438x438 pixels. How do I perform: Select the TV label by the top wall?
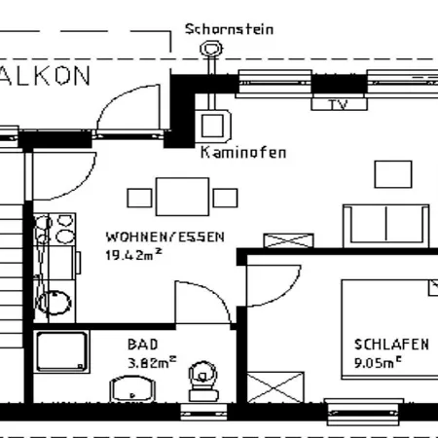click(x=338, y=104)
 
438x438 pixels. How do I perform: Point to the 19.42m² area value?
click(x=132, y=256)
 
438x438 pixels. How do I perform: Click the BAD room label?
click(x=140, y=344)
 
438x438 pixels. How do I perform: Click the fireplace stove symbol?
click(x=211, y=124)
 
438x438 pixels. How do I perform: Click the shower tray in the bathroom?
click(x=61, y=352)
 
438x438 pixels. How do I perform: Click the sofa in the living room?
click(x=385, y=226)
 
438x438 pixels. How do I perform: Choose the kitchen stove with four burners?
click(x=55, y=231)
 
